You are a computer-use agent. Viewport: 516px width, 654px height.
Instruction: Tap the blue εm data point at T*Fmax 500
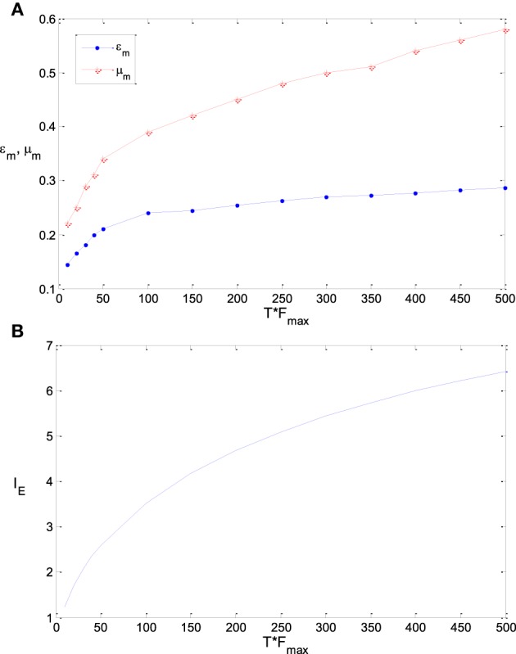pyautogui.click(x=505, y=188)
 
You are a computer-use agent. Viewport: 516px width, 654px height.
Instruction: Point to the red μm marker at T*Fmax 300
pyautogui.click(x=327, y=74)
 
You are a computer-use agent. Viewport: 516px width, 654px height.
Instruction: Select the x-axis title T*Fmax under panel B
pyautogui.click(x=281, y=643)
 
